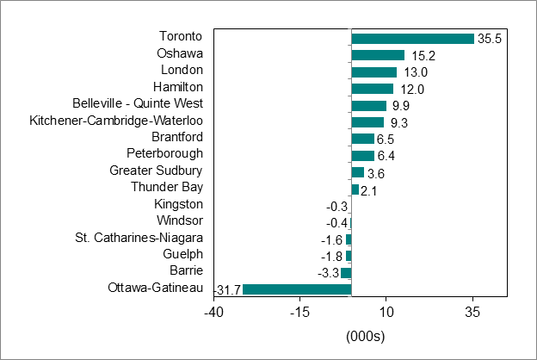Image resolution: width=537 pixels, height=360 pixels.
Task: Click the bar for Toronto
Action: tap(413, 39)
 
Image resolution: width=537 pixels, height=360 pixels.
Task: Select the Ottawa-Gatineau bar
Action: tap(297, 289)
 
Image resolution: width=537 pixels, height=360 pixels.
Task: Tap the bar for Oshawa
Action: tap(378, 55)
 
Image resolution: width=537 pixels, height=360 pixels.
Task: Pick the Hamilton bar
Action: tap(373, 89)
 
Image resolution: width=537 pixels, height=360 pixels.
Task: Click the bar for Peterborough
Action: tap(363, 156)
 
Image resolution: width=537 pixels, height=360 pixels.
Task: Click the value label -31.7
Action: tap(228, 289)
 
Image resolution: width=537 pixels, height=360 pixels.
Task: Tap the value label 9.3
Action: tap(398, 122)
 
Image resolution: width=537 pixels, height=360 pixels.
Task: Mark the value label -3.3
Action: tap(328, 273)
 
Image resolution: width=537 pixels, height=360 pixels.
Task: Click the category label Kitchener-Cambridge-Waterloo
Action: tap(116, 120)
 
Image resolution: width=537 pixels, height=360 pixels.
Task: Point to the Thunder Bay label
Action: tap(167, 187)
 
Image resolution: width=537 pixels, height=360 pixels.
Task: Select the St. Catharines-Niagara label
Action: tap(139, 237)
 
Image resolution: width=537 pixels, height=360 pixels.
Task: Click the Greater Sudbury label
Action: tap(156, 171)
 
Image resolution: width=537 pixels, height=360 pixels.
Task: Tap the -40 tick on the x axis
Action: tap(213, 311)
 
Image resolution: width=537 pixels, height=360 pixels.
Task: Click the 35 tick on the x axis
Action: tap(472, 311)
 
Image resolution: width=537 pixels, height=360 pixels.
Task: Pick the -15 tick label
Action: tap(299, 311)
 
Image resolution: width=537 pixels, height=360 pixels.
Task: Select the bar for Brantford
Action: tap(363, 139)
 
